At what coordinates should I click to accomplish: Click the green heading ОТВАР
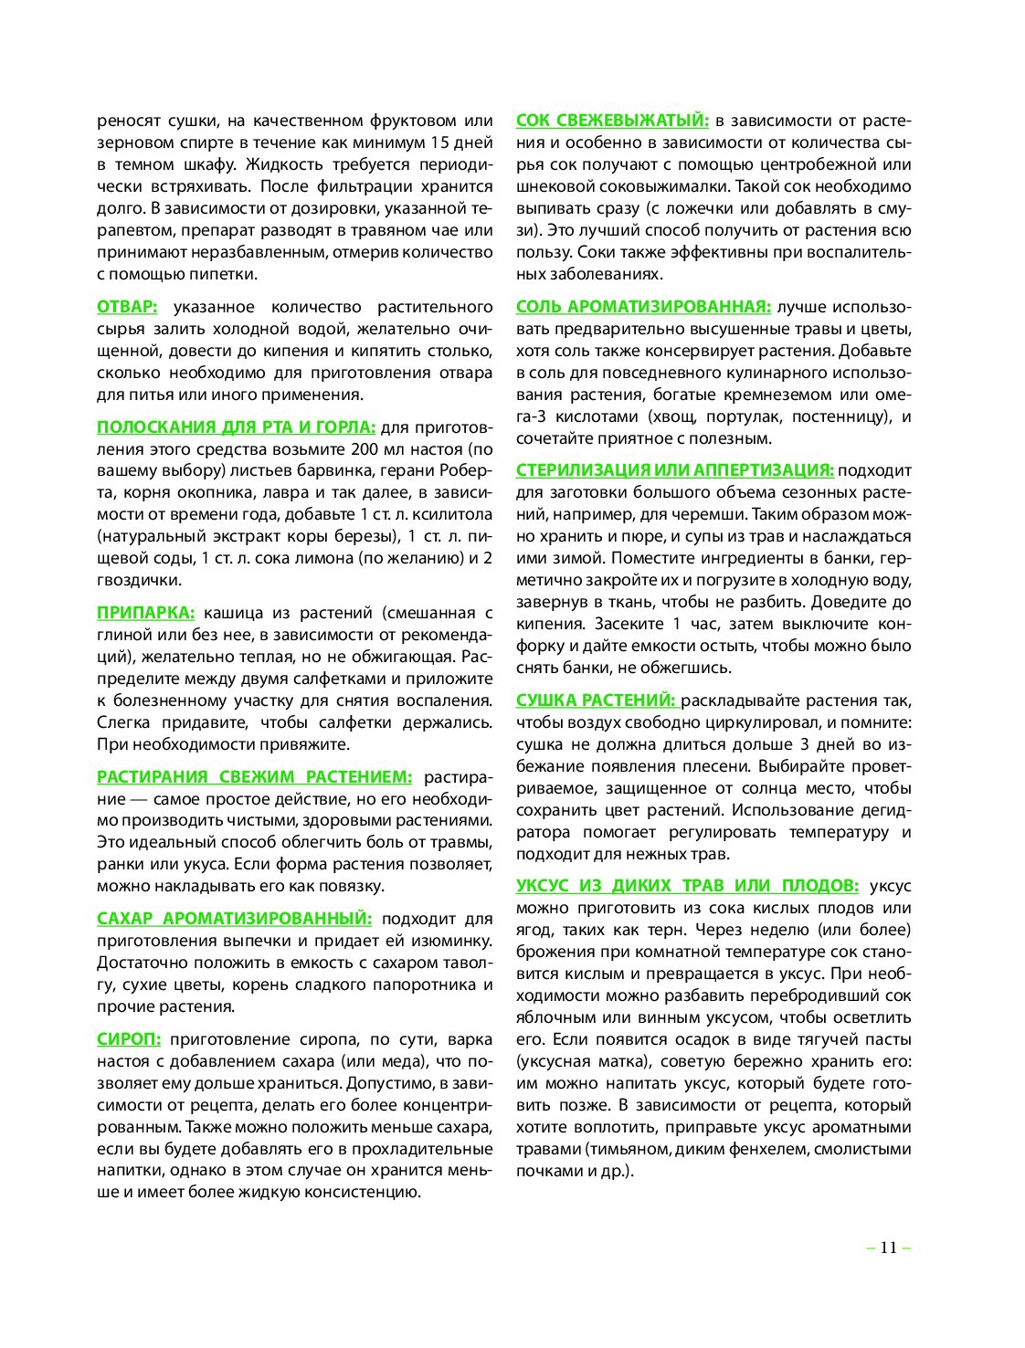coord(127,307)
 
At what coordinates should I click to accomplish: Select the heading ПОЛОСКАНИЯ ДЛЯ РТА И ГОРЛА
coord(236,427)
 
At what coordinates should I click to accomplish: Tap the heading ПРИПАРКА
coord(145,613)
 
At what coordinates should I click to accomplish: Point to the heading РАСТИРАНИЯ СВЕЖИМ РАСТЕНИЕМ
coord(254,777)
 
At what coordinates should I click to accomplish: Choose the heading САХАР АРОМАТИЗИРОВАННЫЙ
coord(234,919)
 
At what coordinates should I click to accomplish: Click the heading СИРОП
coord(129,1039)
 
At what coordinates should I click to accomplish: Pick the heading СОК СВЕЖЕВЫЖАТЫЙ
coord(612,121)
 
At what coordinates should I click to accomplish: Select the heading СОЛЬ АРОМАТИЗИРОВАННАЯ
coord(643,307)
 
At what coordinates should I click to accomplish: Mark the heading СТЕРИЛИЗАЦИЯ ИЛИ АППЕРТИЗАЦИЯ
coord(674,470)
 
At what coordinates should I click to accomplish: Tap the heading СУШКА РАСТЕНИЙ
coord(596,700)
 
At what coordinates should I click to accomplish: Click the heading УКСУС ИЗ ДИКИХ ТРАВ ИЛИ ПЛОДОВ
coord(687,886)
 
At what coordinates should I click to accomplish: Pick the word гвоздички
coord(139,580)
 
